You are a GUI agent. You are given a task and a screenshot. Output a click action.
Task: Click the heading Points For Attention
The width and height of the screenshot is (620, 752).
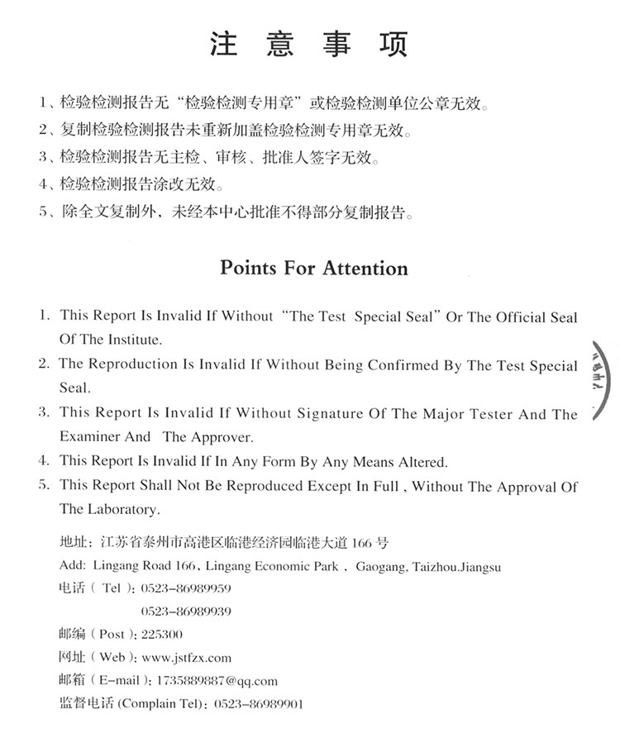coord(313,269)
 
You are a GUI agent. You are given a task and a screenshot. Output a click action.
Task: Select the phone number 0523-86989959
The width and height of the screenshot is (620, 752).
coord(186,589)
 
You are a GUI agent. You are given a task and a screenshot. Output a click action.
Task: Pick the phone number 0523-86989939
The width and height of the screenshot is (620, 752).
coord(186,612)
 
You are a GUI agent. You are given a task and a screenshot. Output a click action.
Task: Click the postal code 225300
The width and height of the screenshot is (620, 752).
coord(162,635)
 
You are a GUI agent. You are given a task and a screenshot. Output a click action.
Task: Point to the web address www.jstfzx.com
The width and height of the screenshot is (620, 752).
coord(186,658)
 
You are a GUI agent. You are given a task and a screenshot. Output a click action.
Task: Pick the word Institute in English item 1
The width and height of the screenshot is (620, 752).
coord(135,339)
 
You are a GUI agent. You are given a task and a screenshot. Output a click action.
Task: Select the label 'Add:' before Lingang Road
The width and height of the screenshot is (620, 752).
coord(73,567)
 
